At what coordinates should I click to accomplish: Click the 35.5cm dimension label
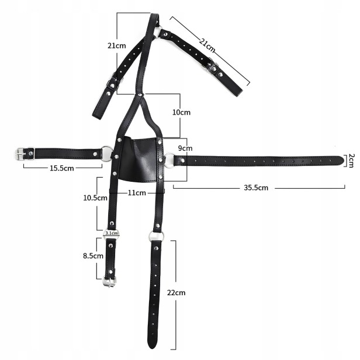(x=256, y=188)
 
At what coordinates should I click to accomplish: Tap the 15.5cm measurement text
(x=62, y=168)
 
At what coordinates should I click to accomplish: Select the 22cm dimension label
(x=176, y=292)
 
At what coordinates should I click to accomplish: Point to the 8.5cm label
(x=93, y=255)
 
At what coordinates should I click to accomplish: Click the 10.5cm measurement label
(x=95, y=198)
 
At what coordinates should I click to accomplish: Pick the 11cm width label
(x=137, y=193)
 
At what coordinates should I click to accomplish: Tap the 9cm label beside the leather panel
(x=185, y=148)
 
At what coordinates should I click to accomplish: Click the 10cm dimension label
(x=181, y=112)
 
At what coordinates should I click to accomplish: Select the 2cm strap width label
(x=351, y=161)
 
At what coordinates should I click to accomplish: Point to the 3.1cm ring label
(x=112, y=233)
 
